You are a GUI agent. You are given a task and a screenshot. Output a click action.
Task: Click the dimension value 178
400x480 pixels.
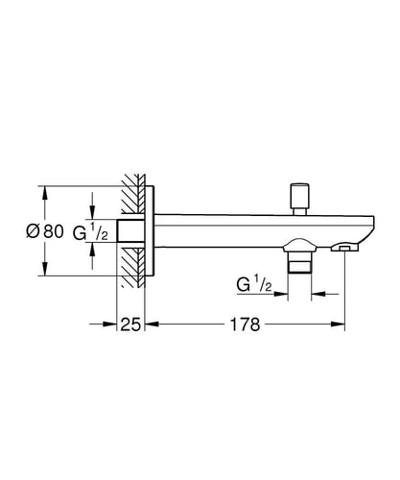(245, 324)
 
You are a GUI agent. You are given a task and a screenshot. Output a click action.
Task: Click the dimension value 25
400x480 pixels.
(130, 324)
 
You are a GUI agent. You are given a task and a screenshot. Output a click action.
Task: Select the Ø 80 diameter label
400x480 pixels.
(45, 231)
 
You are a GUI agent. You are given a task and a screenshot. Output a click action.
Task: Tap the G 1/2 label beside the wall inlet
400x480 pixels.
(90, 231)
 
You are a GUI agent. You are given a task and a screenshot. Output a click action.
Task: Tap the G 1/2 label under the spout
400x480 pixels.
(254, 284)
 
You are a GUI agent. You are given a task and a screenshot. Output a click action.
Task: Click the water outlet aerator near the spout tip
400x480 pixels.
(345, 248)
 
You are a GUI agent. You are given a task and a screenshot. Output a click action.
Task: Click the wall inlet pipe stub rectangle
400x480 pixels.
(131, 230)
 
